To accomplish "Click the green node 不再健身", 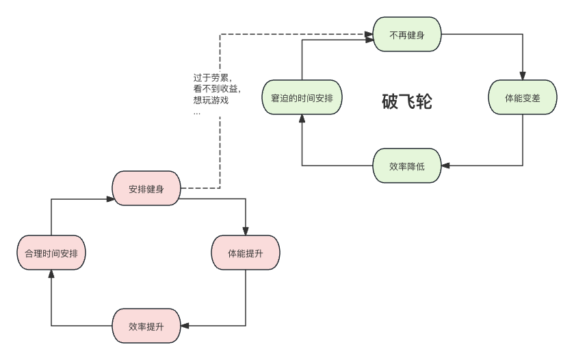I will pyautogui.click(x=407, y=35).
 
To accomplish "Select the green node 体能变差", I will pyautogui.click(x=522, y=98).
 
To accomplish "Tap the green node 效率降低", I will pyautogui.click(x=407, y=166).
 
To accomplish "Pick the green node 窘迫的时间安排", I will pyautogui.click(x=302, y=98).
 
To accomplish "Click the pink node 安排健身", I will pyautogui.click(x=146, y=188).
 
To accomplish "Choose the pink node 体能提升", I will pyautogui.click(x=245, y=253).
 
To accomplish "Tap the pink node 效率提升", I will pyautogui.click(x=146, y=326).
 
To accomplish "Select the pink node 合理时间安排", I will pyautogui.click(x=51, y=253).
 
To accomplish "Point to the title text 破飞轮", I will pyautogui.click(x=406, y=102).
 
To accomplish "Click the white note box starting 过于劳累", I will pyautogui.click(x=219, y=94).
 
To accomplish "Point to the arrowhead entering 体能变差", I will pyautogui.click(x=523, y=77).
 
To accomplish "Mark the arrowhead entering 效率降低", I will pyautogui.click(x=445, y=166).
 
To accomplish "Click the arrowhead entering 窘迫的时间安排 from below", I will pyautogui.click(x=302, y=119).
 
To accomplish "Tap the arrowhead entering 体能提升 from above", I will pyautogui.click(x=245, y=231).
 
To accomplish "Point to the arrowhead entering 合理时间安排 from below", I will pyautogui.click(x=51, y=274).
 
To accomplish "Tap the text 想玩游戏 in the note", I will pyautogui.click(x=211, y=101).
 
